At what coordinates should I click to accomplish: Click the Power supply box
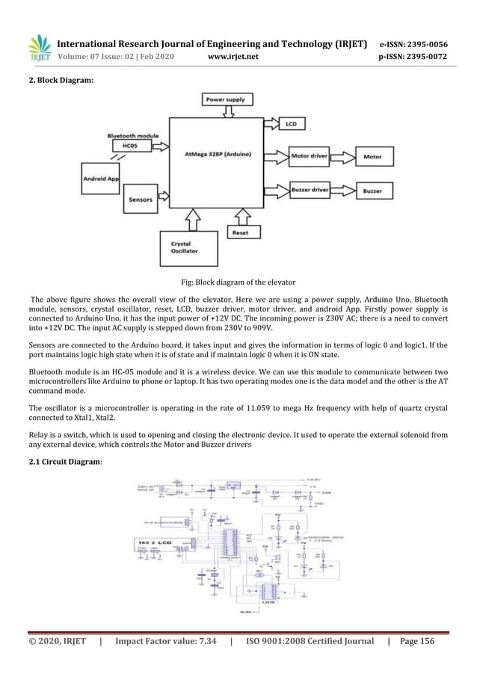[x=229, y=98]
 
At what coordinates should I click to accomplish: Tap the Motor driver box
[x=310, y=157]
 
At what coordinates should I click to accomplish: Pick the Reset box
[x=240, y=232]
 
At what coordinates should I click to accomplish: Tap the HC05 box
[x=131, y=146]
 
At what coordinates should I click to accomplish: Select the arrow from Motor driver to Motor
[x=345, y=157]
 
